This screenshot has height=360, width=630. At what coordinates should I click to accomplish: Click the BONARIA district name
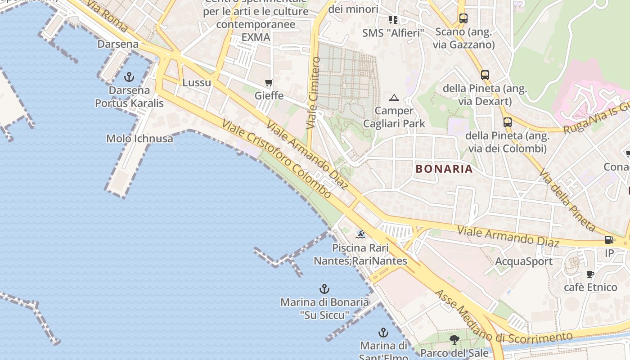click(444, 169)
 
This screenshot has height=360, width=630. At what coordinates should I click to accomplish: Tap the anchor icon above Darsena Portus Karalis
click(129, 77)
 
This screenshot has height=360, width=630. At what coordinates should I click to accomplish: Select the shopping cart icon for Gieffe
click(269, 82)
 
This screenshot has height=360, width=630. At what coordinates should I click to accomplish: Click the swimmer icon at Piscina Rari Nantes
click(360, 234)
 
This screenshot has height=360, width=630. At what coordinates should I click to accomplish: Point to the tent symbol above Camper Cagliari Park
click(394, 97)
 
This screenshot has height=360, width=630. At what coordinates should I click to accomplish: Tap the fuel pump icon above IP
click(609, 240)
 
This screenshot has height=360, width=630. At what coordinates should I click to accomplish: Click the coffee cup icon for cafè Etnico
click(591, 274)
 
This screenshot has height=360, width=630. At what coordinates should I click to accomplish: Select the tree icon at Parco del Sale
click(454, 339)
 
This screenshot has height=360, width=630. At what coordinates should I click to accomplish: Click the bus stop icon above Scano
click(463, 18)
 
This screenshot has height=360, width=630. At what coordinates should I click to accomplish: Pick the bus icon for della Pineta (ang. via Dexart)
click(485, 75)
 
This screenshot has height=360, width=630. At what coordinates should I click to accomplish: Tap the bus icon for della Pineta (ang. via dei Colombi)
click(507, 122)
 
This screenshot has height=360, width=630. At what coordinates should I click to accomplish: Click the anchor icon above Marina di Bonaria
click(324, 288)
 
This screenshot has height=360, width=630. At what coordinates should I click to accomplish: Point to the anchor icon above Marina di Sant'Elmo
click(383, 333)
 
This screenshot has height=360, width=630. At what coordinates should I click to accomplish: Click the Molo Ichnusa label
click(139, 139)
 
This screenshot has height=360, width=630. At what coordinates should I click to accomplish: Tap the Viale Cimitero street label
click(313, 93)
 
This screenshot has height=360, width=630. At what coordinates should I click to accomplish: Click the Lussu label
click(197, 83)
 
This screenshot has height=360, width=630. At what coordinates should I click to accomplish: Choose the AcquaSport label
click(524, 261)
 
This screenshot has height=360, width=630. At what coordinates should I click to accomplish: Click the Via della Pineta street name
click(567, 200)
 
